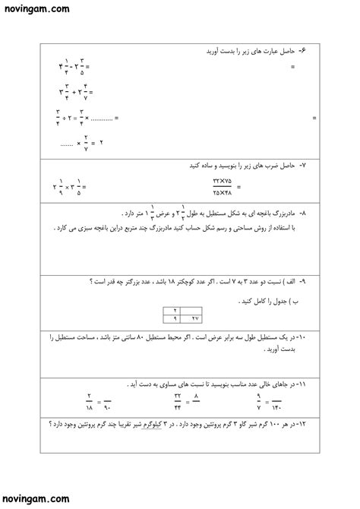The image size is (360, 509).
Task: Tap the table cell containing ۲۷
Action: point(194,319)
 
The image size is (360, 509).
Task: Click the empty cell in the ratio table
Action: point(194,311)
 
